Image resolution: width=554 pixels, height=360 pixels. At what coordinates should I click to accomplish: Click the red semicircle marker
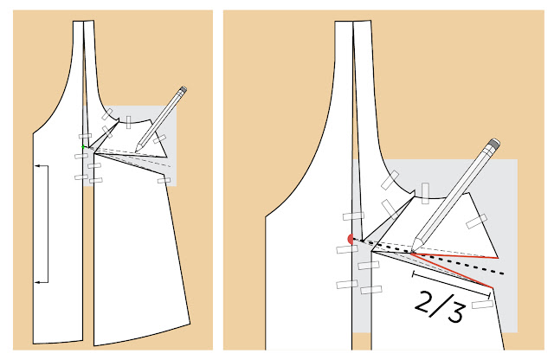tap(351, 239)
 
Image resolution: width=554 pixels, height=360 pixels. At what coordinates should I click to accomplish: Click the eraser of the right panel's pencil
tap(494, 144)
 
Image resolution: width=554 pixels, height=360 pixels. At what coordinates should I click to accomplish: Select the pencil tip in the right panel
tap(414, 248)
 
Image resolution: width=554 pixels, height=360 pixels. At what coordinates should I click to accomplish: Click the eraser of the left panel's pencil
tap(184, 89)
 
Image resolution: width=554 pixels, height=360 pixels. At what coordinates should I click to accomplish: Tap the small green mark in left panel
tap(83, 146)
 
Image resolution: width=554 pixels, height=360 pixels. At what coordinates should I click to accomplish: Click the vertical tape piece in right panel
tap(425, 193)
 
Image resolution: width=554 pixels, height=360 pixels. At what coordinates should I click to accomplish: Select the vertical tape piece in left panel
tap(129, 122)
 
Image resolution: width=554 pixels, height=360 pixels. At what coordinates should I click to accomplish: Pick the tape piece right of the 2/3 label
tap(482, 304)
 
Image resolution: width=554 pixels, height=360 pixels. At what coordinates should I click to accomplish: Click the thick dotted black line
tap(428, 256)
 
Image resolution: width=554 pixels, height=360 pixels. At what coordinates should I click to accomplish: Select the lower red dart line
tap(452, 270)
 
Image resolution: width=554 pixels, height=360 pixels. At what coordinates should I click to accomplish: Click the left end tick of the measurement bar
tap(414, 273)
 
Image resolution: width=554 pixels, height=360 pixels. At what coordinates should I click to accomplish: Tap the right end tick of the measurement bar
tap(489, 295)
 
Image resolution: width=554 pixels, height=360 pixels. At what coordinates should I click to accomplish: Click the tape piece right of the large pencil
tap(476, 222)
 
